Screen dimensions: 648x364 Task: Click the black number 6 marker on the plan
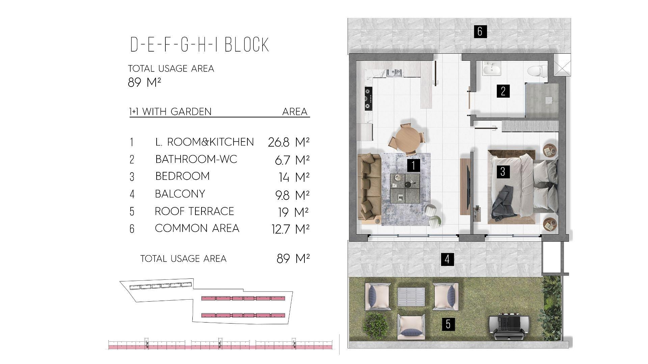click(480, 31)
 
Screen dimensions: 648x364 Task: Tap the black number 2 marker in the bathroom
click(503, 91)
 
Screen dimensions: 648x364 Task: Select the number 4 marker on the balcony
click(447, 259)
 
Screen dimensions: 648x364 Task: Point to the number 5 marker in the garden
click(448, 324)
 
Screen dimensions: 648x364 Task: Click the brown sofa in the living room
click(369, 187)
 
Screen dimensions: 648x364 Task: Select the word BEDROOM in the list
click(183, 176)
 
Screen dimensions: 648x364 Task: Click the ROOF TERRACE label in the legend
click(194, 211)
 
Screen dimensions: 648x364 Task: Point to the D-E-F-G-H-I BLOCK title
click(200, 45)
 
